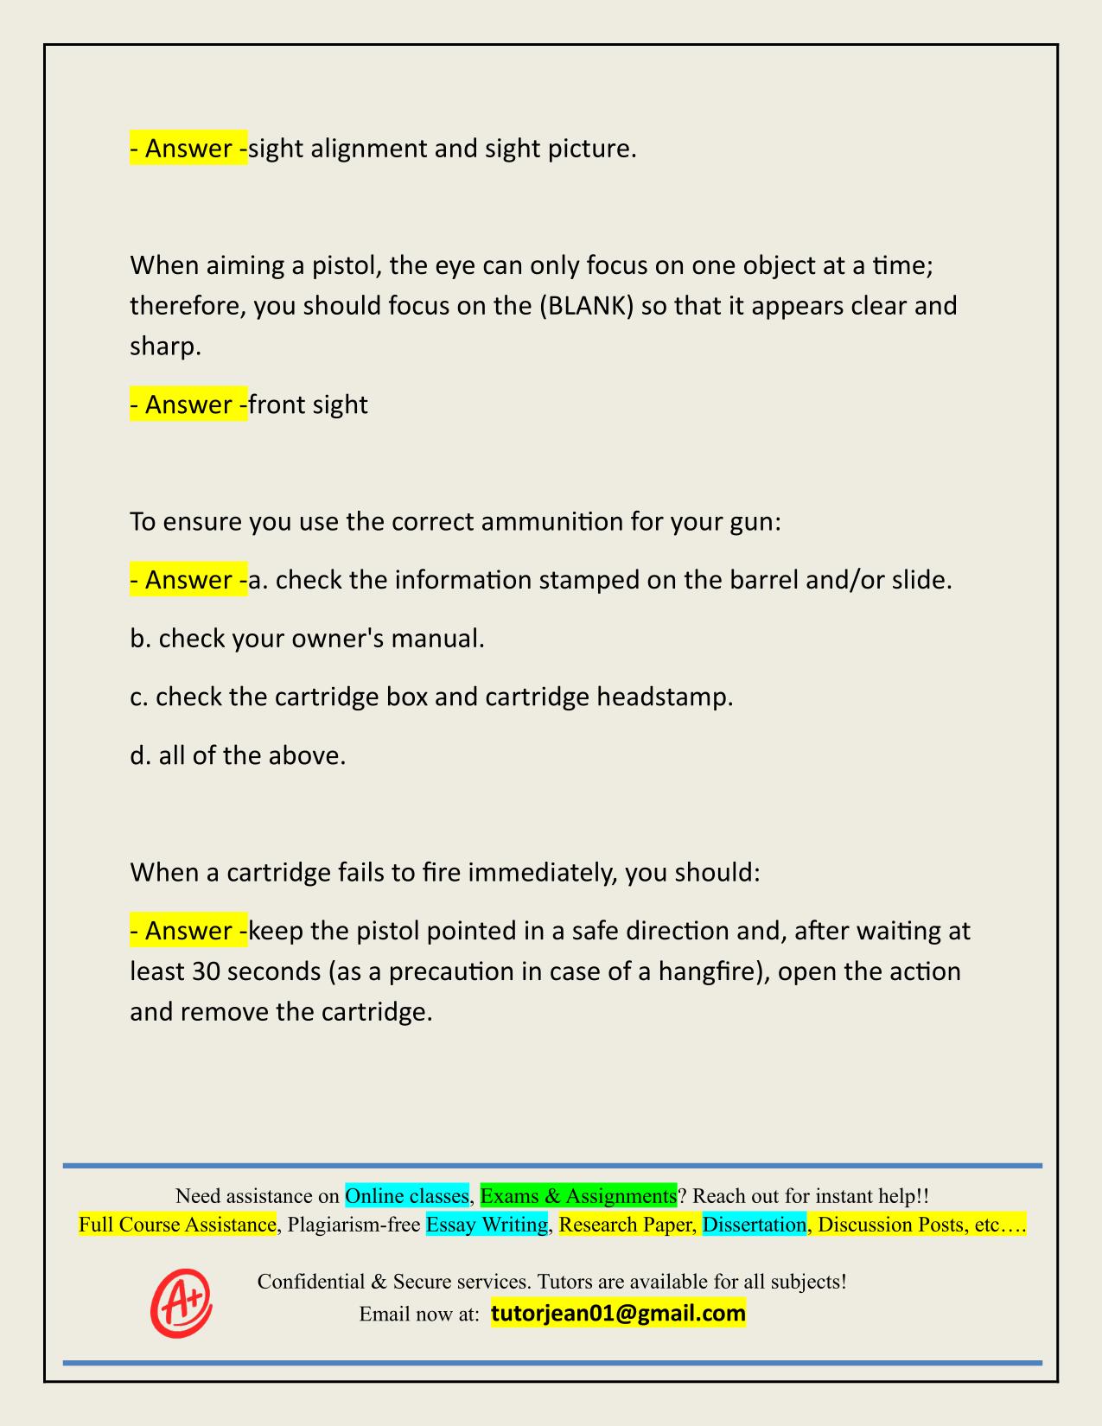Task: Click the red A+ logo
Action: click(x=181, y=1302)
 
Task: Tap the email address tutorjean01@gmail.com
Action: click(x=618, y=1314)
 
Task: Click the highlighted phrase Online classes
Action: click(x=407, y=1196)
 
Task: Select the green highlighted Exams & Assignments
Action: click(x=578, y=1196)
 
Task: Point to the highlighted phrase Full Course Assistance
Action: click(x=177, y=1225)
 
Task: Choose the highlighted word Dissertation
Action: click(x=754, y=1225)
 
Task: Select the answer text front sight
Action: click(x=308, y=404)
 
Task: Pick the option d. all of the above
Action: click(x=238, y=755)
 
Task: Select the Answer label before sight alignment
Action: click(x=188, y=149)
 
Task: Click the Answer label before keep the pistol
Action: click(x=188, y=931)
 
